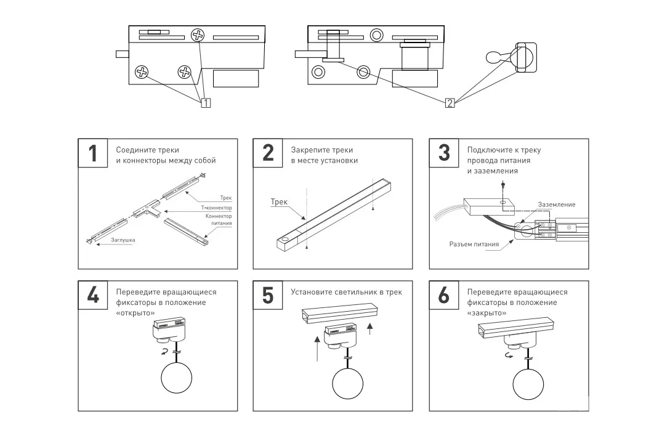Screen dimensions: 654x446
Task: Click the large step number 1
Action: [92, 153]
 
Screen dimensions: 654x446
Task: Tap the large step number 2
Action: [268, 153]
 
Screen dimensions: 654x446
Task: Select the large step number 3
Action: [444, 153]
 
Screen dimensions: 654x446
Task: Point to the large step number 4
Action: [92, 295]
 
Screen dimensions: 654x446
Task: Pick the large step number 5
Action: [268, 295]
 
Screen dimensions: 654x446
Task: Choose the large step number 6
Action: [444, 295]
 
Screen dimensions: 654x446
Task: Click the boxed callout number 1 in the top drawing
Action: [206, 103]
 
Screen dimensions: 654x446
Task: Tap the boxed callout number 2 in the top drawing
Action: [450, 103]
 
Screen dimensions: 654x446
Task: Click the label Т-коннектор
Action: [217, 208]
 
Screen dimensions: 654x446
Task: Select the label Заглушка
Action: [123, 240]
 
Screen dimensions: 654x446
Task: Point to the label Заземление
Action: [557, 205]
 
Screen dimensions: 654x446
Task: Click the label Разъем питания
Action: [474, 244]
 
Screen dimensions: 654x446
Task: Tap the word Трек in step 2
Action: [279, 202]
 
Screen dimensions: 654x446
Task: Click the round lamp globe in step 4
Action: [176, 378]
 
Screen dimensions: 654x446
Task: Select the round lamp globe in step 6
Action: [528, 384]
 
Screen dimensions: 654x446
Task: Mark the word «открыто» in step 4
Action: [135, 313]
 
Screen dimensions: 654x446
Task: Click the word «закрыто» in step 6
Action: [486, 313]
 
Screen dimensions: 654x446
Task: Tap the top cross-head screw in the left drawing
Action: [197, 35]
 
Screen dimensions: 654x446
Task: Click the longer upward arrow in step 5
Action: [317, 349]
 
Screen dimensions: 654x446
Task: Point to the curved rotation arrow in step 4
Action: [165, 352]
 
